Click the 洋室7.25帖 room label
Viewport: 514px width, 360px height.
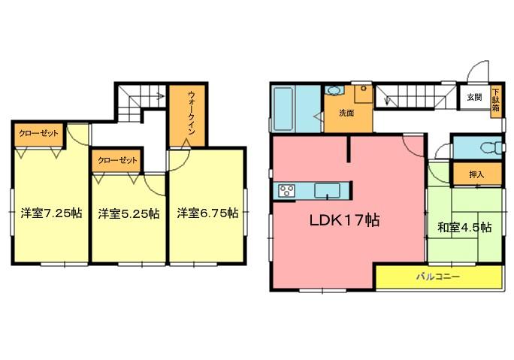50,213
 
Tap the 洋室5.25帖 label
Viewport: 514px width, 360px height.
128,213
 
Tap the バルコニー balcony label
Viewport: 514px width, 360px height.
438,277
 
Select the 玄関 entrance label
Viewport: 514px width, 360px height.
473,97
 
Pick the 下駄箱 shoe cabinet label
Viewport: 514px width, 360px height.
496,99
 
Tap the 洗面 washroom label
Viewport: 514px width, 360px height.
346,113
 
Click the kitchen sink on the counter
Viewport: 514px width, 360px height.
328,191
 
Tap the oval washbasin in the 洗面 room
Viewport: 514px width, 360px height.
335,92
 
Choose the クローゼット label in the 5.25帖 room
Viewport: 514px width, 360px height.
116,160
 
